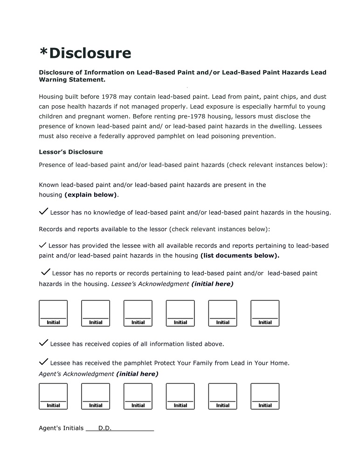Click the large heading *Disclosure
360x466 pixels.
85,53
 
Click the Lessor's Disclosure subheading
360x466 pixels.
70,152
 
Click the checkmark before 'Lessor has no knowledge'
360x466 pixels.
43,212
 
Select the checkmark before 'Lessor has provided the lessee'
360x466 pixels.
42,245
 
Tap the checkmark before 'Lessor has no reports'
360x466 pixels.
46,272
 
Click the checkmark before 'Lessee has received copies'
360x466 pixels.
43,343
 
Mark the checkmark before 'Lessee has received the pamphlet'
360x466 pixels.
43,362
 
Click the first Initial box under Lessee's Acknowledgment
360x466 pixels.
53,313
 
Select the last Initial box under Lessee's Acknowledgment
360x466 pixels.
265,313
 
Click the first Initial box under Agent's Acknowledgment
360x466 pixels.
53,396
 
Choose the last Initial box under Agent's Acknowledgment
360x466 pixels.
265,396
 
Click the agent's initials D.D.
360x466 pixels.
105,428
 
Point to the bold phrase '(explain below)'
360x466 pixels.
91,195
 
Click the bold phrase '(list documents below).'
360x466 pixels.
240,255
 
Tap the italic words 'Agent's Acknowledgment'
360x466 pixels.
76,374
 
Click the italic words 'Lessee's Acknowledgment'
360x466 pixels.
150,284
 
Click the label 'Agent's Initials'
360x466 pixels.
61,428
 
